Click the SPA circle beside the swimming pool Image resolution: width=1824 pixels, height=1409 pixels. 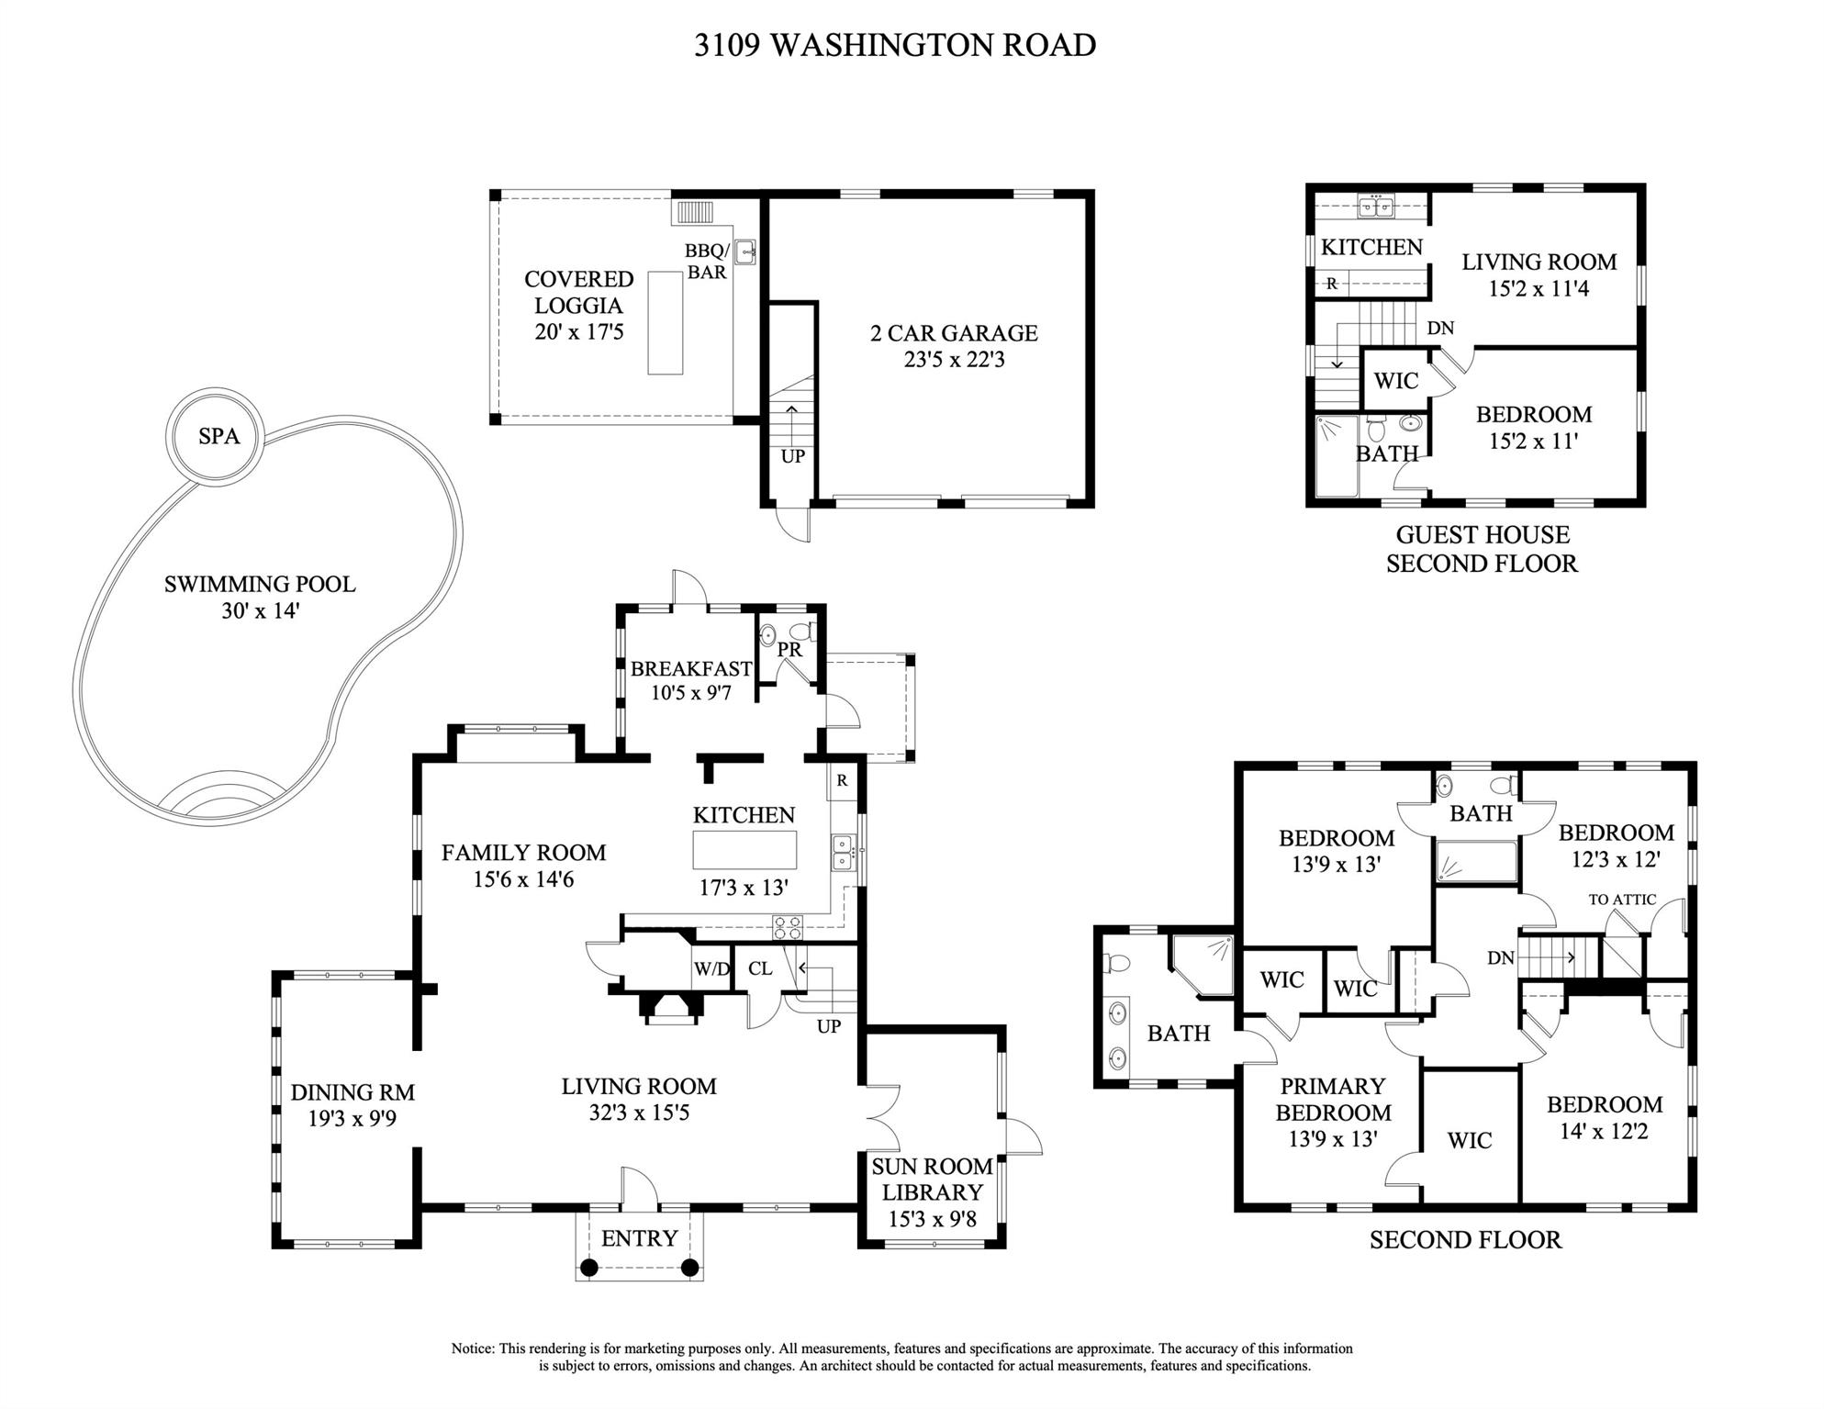point(217,435)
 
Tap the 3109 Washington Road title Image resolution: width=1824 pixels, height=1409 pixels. point(895,45)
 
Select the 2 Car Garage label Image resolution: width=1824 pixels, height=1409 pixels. point(954,332)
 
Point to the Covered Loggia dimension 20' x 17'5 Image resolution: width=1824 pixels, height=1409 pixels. point(578,331)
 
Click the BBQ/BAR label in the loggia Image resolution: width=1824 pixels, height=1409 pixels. point(707,262)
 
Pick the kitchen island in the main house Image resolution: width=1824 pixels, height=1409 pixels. point(744,850)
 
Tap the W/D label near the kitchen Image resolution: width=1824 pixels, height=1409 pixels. point(711,968)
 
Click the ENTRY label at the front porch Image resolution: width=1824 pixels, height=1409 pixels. point(639,1238)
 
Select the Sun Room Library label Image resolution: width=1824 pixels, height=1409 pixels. point(932,1180)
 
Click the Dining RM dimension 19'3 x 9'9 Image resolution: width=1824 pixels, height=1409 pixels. point(352,1119)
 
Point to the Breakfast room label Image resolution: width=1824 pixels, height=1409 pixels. point(691,669)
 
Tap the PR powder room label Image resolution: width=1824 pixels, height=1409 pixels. point(789,650)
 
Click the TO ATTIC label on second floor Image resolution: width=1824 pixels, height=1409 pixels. point(1622,900)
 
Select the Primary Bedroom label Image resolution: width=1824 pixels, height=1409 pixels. point(1333,1100)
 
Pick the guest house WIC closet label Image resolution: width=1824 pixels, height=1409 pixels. point(1395,380)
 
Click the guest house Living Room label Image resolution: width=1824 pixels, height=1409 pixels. point(1539,262)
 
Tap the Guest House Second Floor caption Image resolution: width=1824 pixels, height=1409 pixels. point(1483,549)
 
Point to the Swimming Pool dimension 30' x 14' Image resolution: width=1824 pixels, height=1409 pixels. point(261,610)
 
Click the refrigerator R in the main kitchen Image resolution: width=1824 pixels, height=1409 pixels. point(842,781)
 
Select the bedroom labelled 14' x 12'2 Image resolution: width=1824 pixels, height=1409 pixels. point(1604,1118)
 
